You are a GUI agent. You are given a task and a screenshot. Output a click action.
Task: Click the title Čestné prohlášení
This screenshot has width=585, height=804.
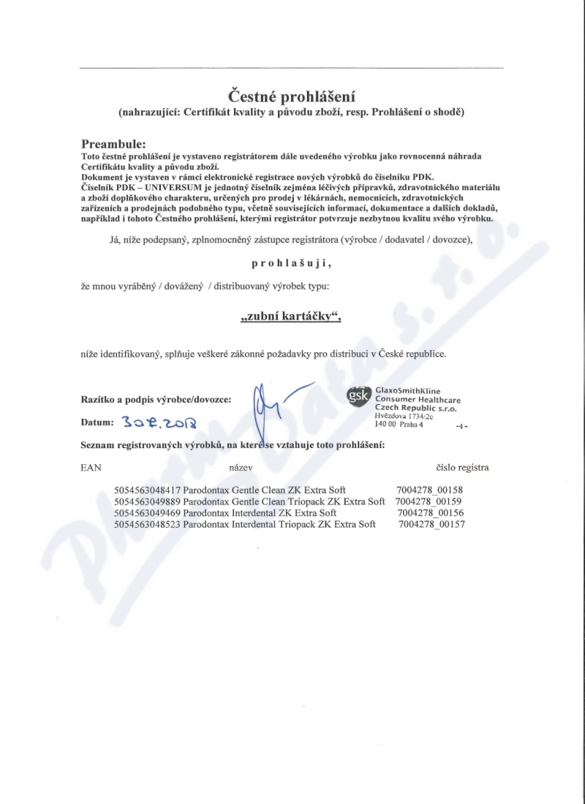292,96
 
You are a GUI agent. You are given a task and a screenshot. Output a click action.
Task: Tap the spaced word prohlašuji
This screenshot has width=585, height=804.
292,262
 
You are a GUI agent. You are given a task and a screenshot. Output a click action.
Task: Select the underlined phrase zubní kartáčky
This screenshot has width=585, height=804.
292,318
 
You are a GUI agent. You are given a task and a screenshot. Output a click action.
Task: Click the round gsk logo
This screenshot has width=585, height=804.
358,395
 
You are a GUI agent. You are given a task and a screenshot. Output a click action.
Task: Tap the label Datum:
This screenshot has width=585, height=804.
97,422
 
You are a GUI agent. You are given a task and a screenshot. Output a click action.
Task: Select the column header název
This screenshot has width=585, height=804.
241,467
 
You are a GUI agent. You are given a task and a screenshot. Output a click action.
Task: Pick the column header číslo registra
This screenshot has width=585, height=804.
461,467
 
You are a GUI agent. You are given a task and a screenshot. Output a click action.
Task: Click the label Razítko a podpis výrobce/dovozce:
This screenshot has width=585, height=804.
156,400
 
